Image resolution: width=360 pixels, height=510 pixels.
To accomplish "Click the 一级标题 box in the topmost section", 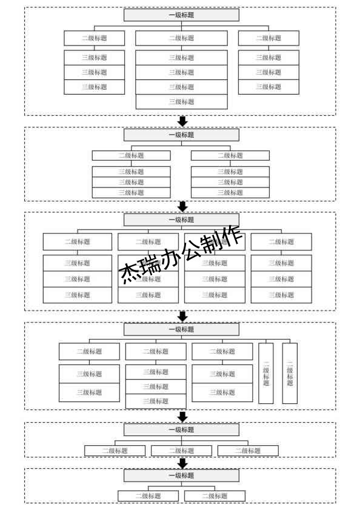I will click(181, 15).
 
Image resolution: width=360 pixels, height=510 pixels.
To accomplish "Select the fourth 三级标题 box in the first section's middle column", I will click(181, 102).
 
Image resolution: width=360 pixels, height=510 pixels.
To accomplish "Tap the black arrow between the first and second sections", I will click(182, 121).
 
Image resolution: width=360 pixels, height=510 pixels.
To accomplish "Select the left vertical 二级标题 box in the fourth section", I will click(266, 374).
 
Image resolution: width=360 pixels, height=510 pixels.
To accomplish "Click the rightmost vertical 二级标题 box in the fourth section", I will click(290, 374).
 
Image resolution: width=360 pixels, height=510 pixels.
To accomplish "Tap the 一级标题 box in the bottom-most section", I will click(181, 475).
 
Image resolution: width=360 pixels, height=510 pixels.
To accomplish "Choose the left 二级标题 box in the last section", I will click(148, 496).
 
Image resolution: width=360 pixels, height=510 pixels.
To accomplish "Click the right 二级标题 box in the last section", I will click(215, 496).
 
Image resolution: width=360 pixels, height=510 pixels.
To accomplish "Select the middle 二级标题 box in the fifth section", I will click(181, 451).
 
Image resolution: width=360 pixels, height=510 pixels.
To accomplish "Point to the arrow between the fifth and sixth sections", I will click(182, 463).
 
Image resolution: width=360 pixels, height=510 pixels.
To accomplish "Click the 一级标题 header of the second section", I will click(181, 135).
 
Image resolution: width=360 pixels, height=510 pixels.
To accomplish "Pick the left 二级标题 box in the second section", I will click(131, 155).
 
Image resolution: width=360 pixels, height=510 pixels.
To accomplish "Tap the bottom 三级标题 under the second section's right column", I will click(230, 193).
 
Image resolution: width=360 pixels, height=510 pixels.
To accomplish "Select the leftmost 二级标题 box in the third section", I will click(78, 242).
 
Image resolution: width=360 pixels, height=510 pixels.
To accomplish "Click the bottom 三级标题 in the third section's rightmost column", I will click(281, 295).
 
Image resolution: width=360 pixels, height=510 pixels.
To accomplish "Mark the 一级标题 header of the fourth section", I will click(181, 329).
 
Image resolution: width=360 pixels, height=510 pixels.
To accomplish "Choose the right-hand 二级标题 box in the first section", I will click(268, 38).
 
